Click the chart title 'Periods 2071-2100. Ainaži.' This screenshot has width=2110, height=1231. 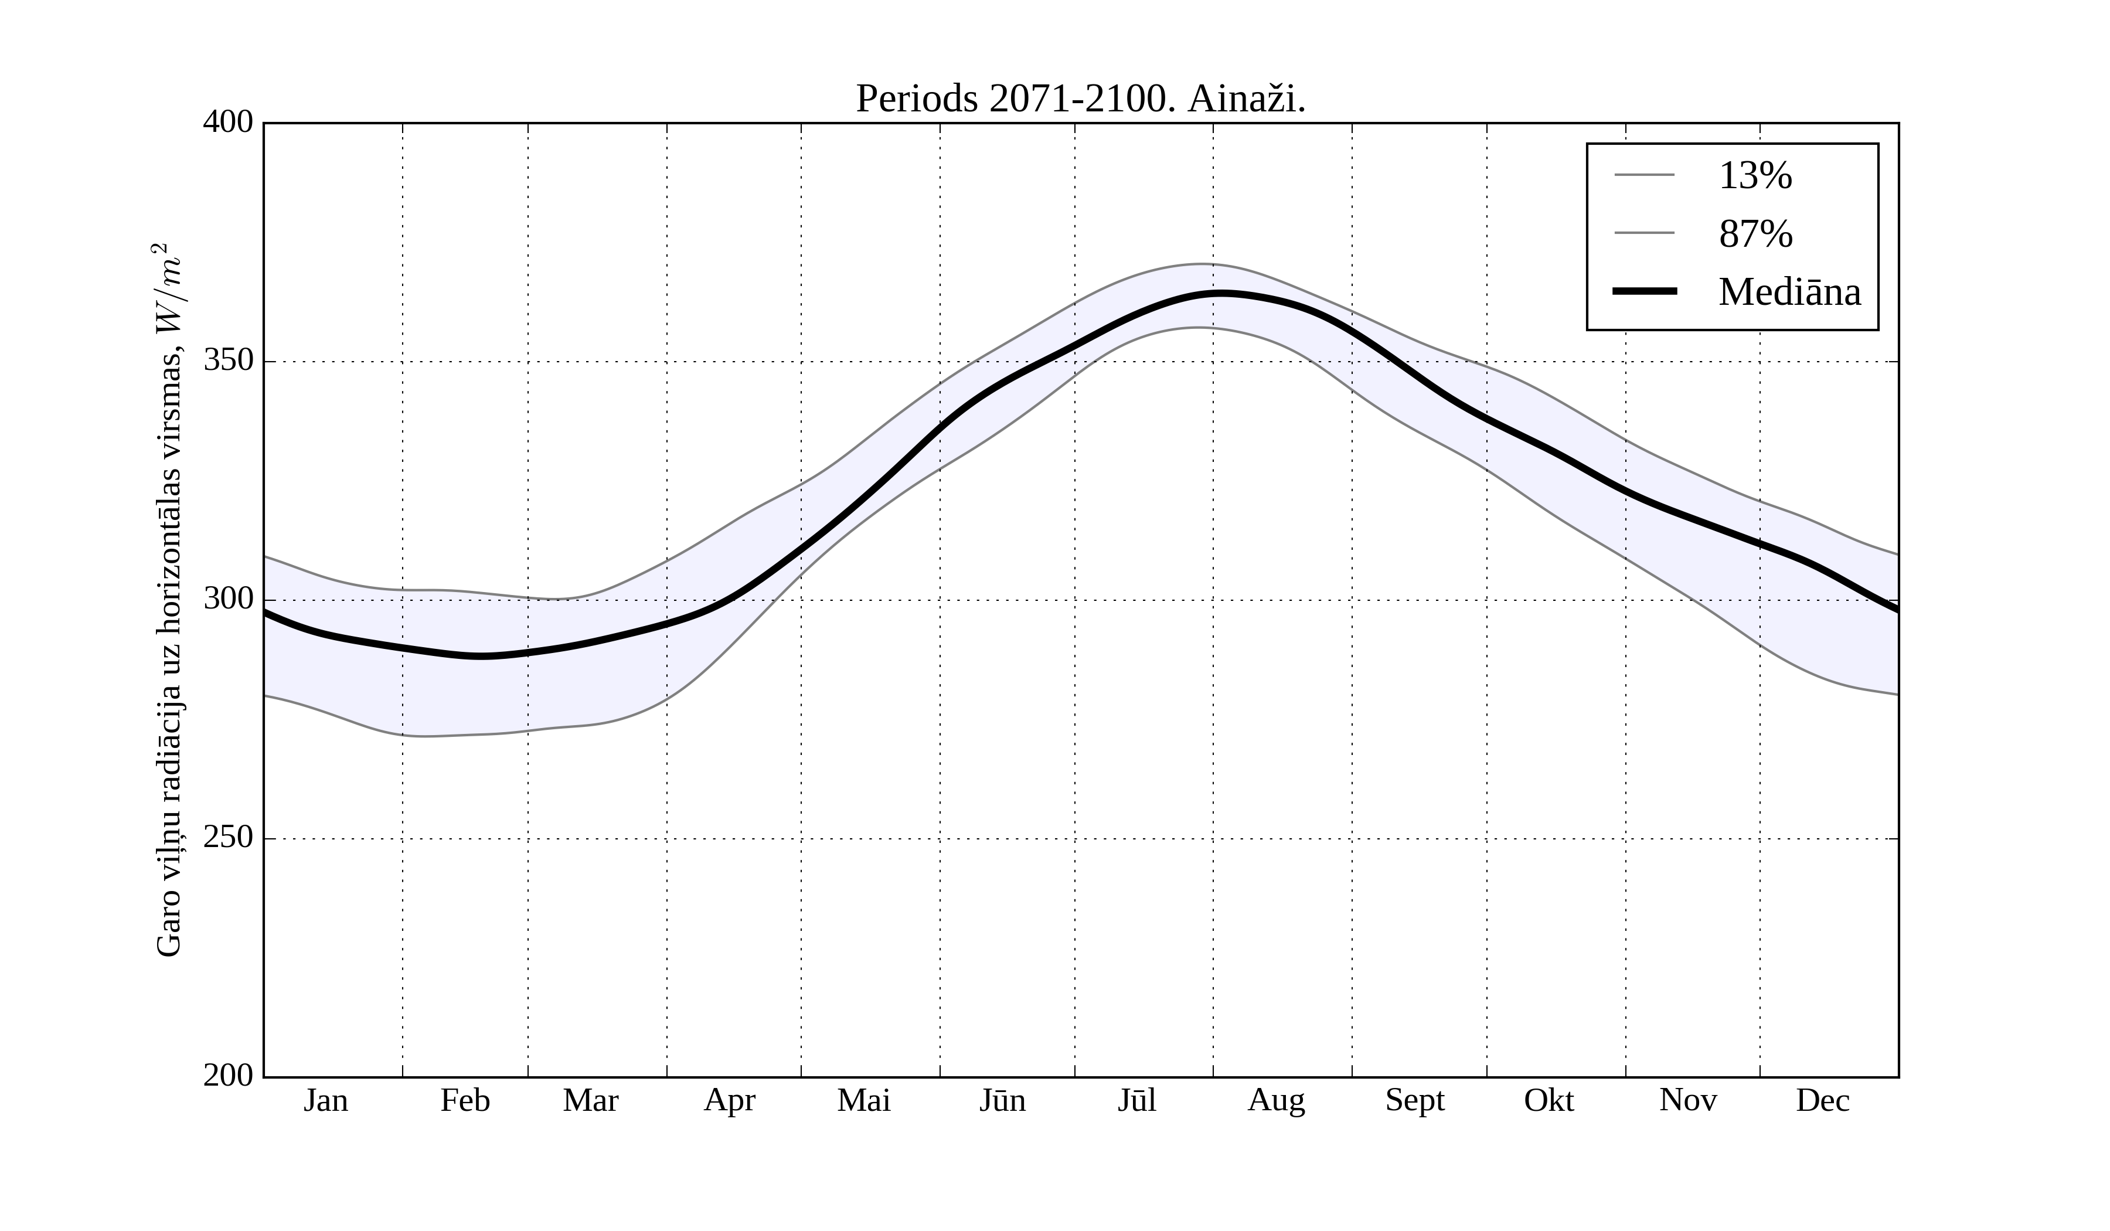click(x=1080, y=100)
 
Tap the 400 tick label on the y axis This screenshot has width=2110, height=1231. click(x=228, y=123)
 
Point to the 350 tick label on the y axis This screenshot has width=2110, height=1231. click(x=228, y=361)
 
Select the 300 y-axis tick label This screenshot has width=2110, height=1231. click(x=228, y=600)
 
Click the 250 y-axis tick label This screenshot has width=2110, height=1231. click(x=228, y=838)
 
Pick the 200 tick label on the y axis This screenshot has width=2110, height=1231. click(x=228, y=1076)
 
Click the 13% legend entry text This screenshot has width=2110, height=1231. click(x=1755, y=176)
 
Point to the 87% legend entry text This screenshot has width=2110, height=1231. click(x=1755, y=234)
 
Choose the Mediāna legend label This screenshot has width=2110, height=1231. click(x=1789, y=293)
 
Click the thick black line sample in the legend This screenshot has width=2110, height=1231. click(x=1645, y=291)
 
